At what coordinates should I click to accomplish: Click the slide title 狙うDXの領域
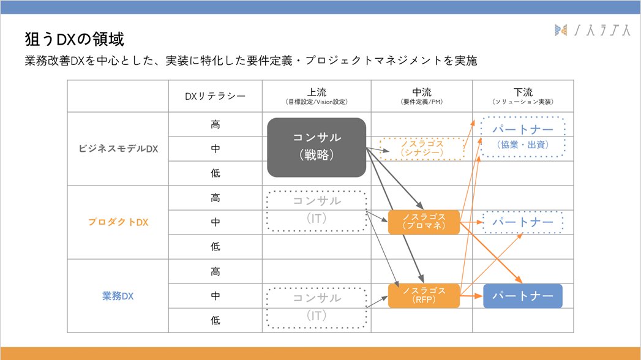point(74,40)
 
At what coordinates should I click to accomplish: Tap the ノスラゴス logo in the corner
point(591,29)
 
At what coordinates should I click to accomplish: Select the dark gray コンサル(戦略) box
point(317,148)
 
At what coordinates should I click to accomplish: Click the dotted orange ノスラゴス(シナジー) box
point(422,148)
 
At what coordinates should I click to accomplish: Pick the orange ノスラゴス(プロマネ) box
point(424,222)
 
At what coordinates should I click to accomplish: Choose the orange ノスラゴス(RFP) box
point(424,295)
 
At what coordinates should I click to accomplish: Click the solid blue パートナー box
point(523,296)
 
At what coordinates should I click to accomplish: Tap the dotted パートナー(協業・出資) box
point(523,137)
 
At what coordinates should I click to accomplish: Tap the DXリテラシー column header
point(215,96)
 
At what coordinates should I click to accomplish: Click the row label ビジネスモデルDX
point(118,149)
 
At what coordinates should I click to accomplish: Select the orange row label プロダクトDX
point(118,222)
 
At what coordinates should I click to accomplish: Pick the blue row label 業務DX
point(118,296)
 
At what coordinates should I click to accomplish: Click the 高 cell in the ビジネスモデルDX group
point(216,124)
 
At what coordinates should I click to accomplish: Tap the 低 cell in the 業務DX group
point(216,320)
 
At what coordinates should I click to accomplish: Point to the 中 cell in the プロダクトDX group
point(216,222)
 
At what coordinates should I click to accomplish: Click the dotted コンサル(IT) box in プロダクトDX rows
point(317,210)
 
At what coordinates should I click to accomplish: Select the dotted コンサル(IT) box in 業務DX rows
point(317,307)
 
